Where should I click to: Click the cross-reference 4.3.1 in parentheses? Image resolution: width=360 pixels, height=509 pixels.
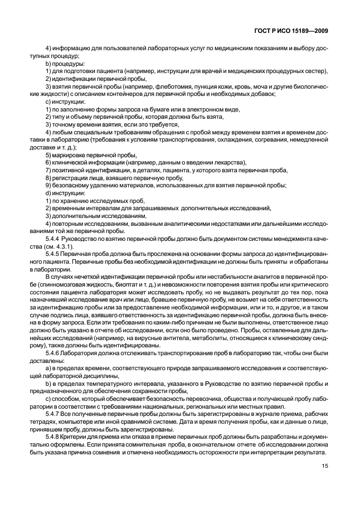115,244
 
